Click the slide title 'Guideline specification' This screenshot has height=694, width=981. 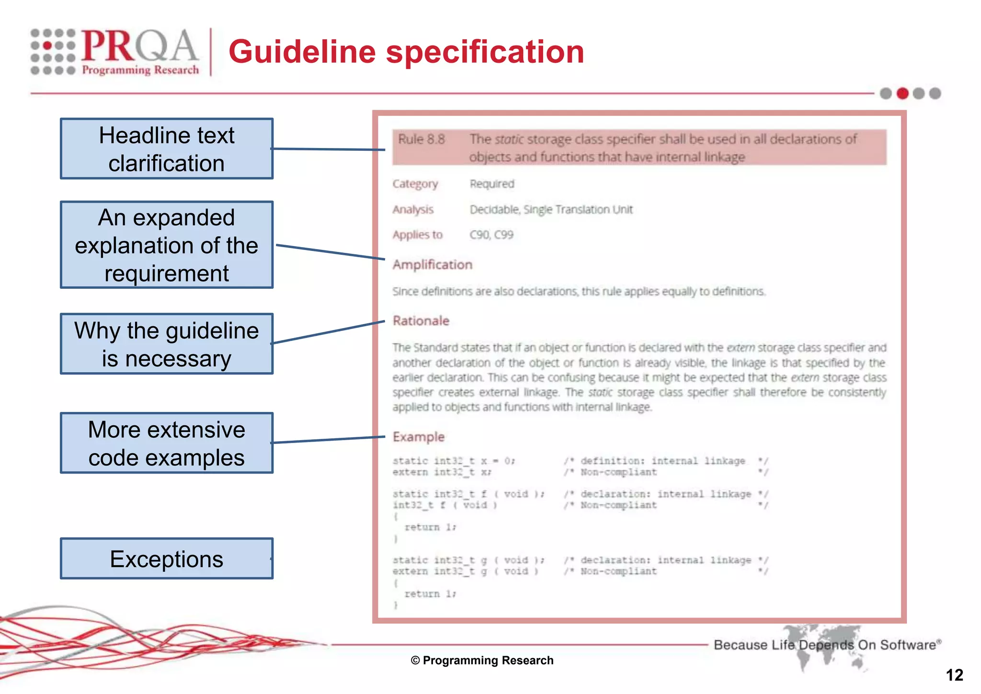(x=406, y=52)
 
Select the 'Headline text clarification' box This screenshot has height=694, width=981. (x=167, y=149)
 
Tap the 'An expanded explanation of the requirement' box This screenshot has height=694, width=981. (x=167, y=245)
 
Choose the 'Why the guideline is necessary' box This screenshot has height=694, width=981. (x=167, y=344)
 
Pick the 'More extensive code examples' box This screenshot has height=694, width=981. (x=167, y=443)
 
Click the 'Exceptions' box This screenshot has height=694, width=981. (x=167, y=558)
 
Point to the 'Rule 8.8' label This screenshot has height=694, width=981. (x=421, y=139)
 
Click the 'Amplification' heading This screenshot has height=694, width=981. (x=432, y=265)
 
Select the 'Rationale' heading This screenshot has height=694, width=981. (x=421, y=321)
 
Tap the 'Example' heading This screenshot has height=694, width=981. (x=418, y=437)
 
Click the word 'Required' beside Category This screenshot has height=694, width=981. (x=491, y=184)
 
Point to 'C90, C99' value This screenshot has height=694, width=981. (x=491, y=235)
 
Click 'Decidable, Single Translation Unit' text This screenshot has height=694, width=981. (x=551, y=210)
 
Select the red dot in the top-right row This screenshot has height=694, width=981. (x=902, y=93)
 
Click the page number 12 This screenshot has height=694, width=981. (x=954, y=675)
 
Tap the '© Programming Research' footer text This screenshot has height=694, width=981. (x=482, y=660)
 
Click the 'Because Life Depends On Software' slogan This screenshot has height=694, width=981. (x=827, y=645)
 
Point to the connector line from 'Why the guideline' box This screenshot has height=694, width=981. (x=329, y=332)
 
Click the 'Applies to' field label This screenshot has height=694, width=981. (x=417, y=235)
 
